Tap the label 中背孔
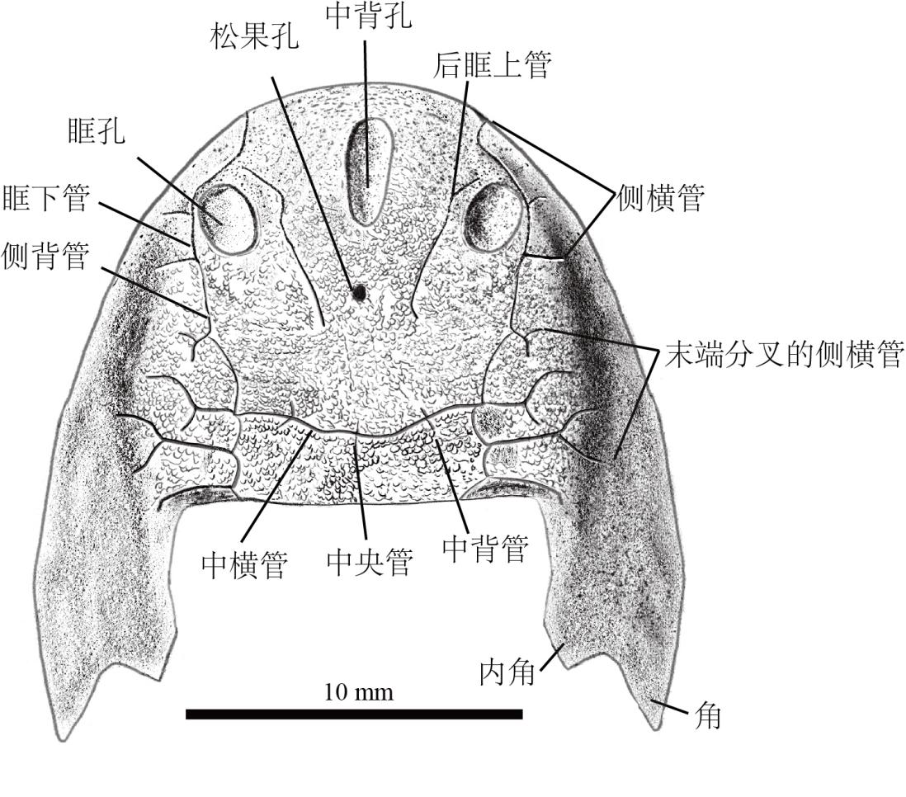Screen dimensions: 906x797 [369, 16]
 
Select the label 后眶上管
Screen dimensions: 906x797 [493, 64]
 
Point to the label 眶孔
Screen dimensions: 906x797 [96, 130]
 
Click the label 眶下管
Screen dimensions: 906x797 [47, 198]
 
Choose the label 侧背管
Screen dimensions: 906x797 [45, 256]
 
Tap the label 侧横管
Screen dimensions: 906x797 [660, 198]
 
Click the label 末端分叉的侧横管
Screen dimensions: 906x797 [784, 353]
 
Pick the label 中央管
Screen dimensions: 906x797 [370, 562]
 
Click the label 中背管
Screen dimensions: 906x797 [485, 548]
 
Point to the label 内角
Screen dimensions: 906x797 [507, 673]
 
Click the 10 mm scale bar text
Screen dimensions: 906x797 [358, 692]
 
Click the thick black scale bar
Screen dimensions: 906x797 [354, 714]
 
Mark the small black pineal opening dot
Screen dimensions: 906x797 [359, 294]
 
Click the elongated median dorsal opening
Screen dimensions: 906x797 [370, 172]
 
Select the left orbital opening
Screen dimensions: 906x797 [226, 218]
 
